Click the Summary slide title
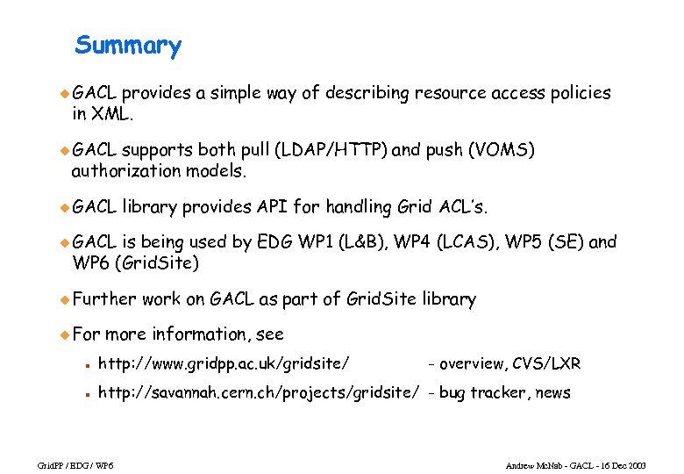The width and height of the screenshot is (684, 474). tap(128, 46)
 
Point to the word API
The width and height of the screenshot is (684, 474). tap(272, 207)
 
